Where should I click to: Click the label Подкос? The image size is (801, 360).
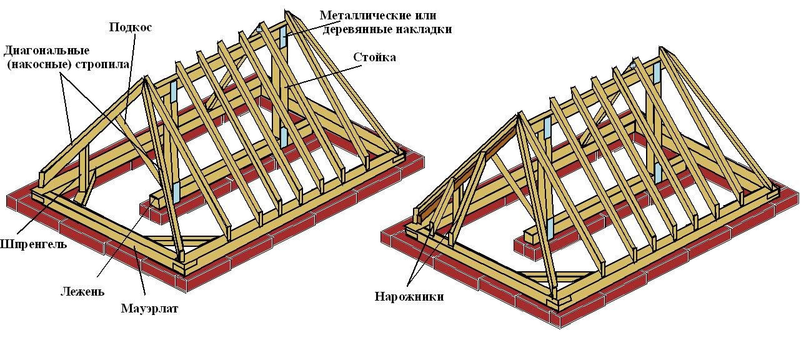(131, 27)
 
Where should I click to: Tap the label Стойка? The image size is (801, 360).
(374, 57)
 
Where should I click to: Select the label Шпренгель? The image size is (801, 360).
(33, 244)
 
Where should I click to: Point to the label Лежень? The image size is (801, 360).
(82, 291)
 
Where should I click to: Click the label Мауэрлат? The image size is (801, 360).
(149, 308)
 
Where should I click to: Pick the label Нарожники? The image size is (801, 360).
(409, 296)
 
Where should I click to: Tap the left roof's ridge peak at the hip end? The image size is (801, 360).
(145, 78)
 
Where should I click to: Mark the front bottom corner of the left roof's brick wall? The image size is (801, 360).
(182, 289)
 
